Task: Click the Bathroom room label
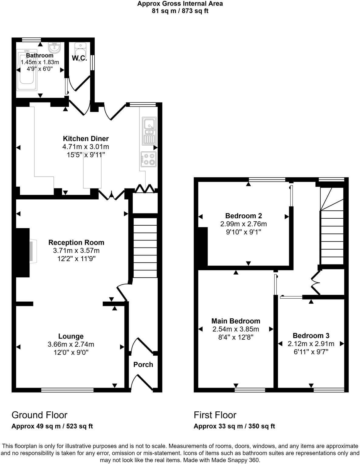click(x=39, y=55)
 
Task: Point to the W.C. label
click(x=79, y=58)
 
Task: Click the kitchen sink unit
click(x=149, y=131)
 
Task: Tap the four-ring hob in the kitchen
click(x=149, y=159)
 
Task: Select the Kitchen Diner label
click(x=86, y=139)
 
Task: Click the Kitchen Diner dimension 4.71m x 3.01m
click(x=86, y=147)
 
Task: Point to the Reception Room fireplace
click(x=33, y=251)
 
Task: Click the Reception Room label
click(x=76, y=242)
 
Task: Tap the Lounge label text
click(x=71, y=336)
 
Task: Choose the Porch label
click(x=143, y=365)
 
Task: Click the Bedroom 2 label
click(x=243, y=216)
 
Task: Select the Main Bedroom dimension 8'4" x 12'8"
click(x=236, y=337)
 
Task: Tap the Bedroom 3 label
click(x=311, y=336)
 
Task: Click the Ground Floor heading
click(x=39, y=415)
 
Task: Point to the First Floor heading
click(x=215, y=415)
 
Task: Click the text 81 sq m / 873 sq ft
click(x=180, y=11)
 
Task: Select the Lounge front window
click(x=67, y=390)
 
